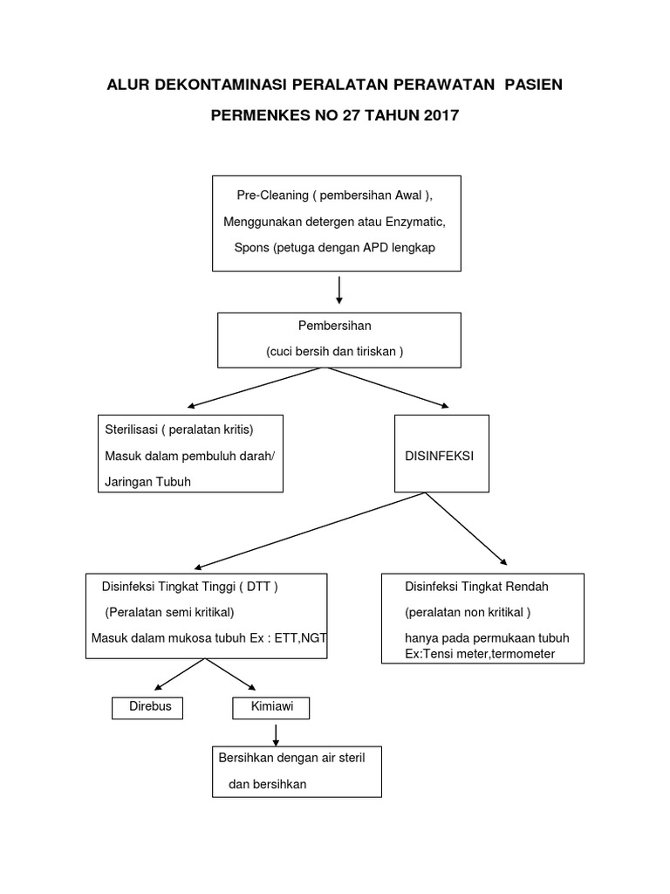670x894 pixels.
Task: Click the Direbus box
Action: (148, 707)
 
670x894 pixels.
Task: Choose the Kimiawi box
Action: (271, 707)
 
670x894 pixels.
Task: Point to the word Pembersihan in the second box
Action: (335, 326)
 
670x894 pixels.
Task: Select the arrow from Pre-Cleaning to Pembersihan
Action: (338, 288)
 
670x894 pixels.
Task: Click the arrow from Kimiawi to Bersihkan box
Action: (276, 733)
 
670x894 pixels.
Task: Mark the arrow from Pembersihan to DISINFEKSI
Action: (390, 388)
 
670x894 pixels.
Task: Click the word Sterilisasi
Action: (130, 430)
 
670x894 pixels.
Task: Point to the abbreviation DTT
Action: (258, 586)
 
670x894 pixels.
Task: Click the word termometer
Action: (515, 655)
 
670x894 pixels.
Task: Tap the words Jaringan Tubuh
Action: (147, 481)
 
